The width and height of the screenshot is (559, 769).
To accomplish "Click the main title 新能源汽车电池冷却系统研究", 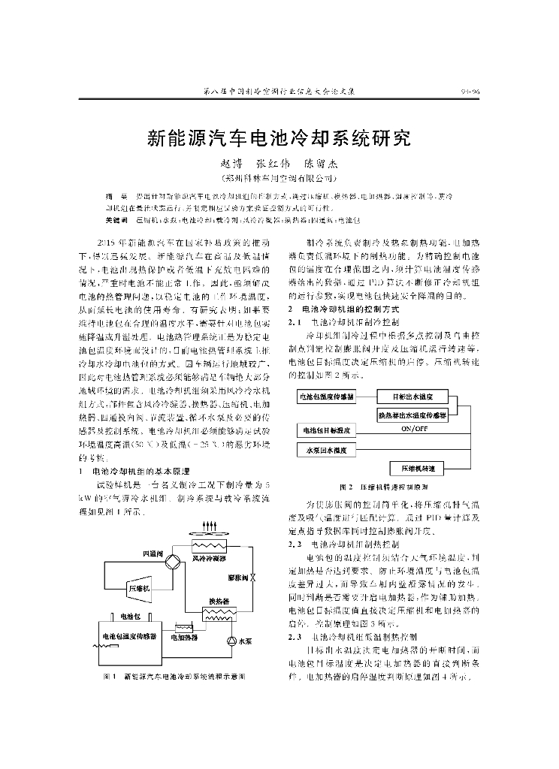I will tap(279, 138).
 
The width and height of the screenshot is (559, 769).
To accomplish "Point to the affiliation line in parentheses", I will tap(279, 179).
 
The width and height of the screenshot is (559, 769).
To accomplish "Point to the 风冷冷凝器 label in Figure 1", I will tap(209, 559).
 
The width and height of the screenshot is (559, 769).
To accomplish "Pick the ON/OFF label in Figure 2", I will tap(413, 428).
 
